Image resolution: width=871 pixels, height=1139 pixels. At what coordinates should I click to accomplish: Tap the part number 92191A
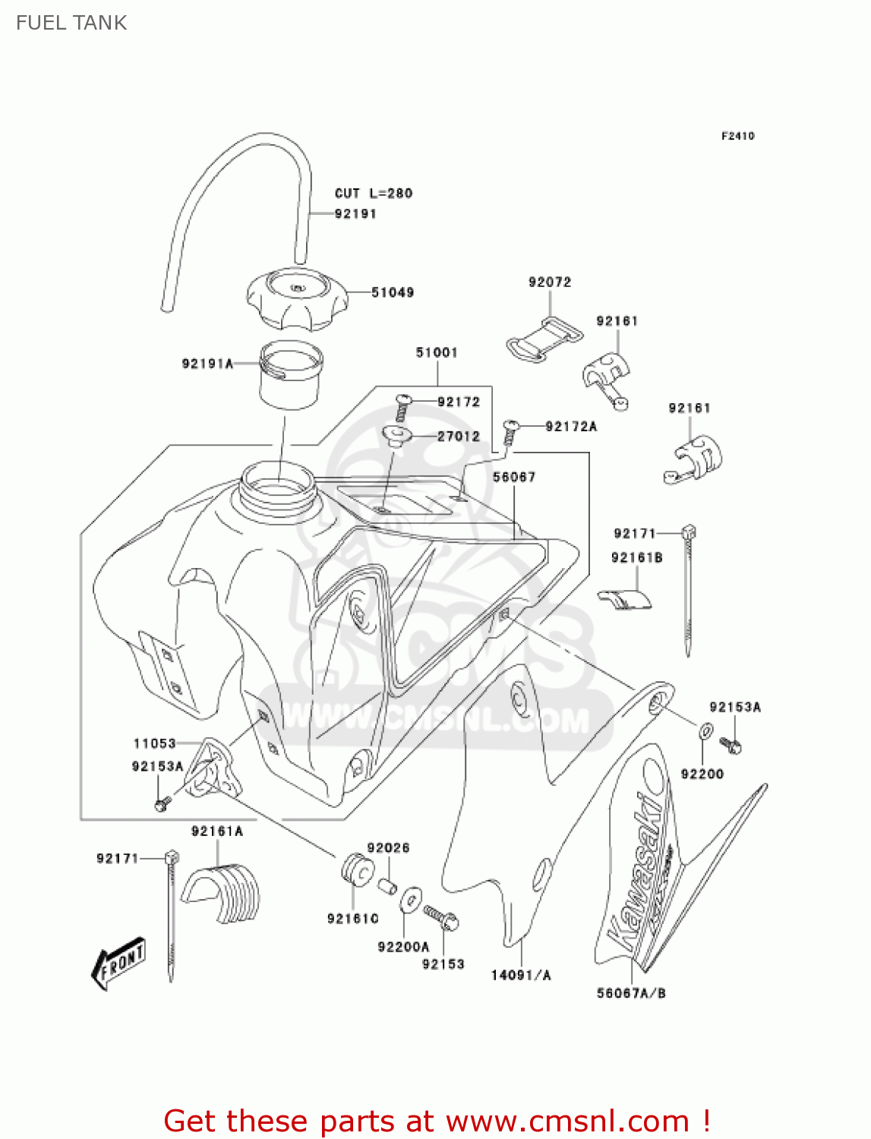click(x=207, y=364)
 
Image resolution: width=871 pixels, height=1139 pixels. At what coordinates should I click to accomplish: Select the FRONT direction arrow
click(x=118, y=964)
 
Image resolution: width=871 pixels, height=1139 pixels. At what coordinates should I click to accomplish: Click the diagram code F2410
click(x=737, y=136)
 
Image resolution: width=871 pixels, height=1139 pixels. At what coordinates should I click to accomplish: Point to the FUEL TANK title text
click(x=71, y=23)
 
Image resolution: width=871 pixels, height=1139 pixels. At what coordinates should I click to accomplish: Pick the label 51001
click(x=437, y=353)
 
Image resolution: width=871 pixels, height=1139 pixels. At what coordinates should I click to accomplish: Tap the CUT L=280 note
click(x=374, y=194)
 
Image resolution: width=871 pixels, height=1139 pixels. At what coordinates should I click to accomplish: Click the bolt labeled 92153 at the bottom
click(x=441, y=917)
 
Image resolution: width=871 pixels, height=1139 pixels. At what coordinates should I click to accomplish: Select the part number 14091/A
click(x=521, y=976)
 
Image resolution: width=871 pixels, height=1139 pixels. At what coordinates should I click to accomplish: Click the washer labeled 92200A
click(x=410, y=899)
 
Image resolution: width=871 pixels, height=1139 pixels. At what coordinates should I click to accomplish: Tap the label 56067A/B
click(x=631, y=993)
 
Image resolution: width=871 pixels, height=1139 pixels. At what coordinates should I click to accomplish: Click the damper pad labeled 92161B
click(x=624, y=599)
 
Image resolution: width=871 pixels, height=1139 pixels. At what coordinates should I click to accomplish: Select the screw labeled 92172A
click(x=510, y=432)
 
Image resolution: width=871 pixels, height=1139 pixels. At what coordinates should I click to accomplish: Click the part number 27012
click(x=459, y=437)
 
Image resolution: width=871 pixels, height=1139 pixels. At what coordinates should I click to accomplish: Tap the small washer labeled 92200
click(x=705, y=732)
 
